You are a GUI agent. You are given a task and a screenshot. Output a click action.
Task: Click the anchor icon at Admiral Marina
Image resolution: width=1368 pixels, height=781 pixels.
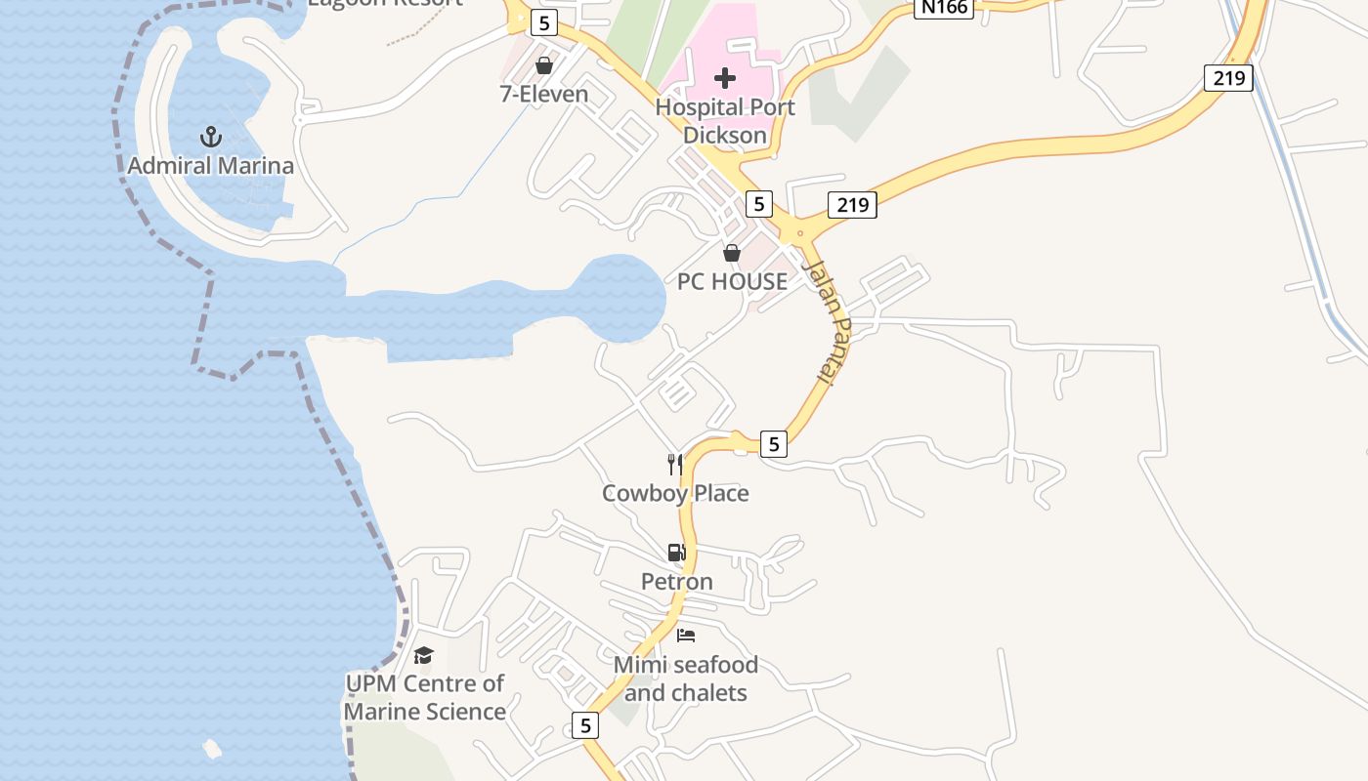tap(211, 137)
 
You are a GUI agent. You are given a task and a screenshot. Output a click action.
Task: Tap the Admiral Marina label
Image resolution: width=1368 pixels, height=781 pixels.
tap(211, 166)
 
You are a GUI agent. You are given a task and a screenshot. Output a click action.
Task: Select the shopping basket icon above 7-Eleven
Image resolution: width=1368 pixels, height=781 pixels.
tap(544, 65)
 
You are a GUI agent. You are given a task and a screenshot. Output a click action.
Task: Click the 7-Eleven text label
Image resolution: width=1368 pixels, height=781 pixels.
tap(544, 95)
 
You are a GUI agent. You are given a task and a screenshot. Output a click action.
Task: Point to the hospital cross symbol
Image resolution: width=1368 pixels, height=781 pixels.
tap(725, 77)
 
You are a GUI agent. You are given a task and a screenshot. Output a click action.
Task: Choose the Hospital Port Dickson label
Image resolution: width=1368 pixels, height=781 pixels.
tap(725, 121)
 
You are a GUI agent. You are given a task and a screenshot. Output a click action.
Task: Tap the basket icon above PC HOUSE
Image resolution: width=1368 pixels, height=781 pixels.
tap(732, 253)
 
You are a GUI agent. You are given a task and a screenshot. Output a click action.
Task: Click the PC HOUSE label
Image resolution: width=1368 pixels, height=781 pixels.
tap(732, 282)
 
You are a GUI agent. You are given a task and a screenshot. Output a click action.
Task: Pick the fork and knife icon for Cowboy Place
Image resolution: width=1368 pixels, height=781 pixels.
tap(675, 464)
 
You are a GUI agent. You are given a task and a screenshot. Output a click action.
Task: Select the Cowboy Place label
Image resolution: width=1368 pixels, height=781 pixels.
tap(675, 493)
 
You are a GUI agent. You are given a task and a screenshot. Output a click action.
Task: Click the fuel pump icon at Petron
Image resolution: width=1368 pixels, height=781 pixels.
tap(676, 553)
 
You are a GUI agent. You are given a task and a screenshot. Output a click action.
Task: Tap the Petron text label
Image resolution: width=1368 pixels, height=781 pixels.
tap(676, 582)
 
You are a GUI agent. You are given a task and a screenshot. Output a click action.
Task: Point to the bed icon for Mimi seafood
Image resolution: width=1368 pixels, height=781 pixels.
tap(686, 636)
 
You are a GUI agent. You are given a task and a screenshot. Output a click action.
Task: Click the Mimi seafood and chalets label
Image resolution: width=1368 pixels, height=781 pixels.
tap(686, 678)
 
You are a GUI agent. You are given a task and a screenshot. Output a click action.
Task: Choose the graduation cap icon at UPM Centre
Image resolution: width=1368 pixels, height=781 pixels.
tap(423, 655)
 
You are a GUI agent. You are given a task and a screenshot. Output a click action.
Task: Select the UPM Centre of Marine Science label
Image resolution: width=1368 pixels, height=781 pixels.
tap(424, 697)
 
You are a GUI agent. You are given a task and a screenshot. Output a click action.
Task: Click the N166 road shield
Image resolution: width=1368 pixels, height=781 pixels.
tap(945, 8)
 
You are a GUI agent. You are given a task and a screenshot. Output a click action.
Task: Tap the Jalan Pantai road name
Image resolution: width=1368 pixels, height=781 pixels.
tap(827, 321)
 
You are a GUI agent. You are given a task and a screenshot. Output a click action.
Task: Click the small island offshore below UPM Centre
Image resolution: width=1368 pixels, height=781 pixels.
tap(212, 749)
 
